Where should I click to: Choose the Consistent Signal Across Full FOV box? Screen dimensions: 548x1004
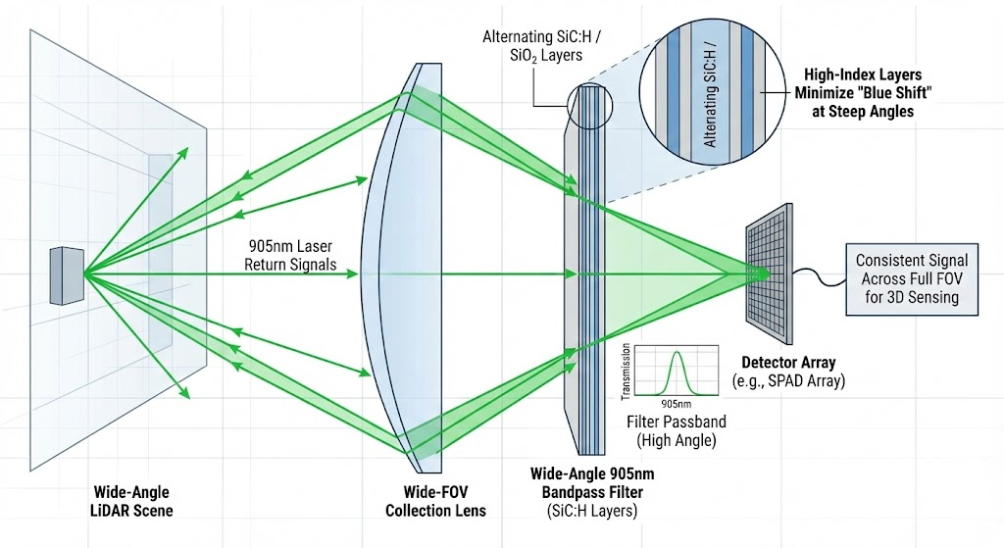coord(911,278)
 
